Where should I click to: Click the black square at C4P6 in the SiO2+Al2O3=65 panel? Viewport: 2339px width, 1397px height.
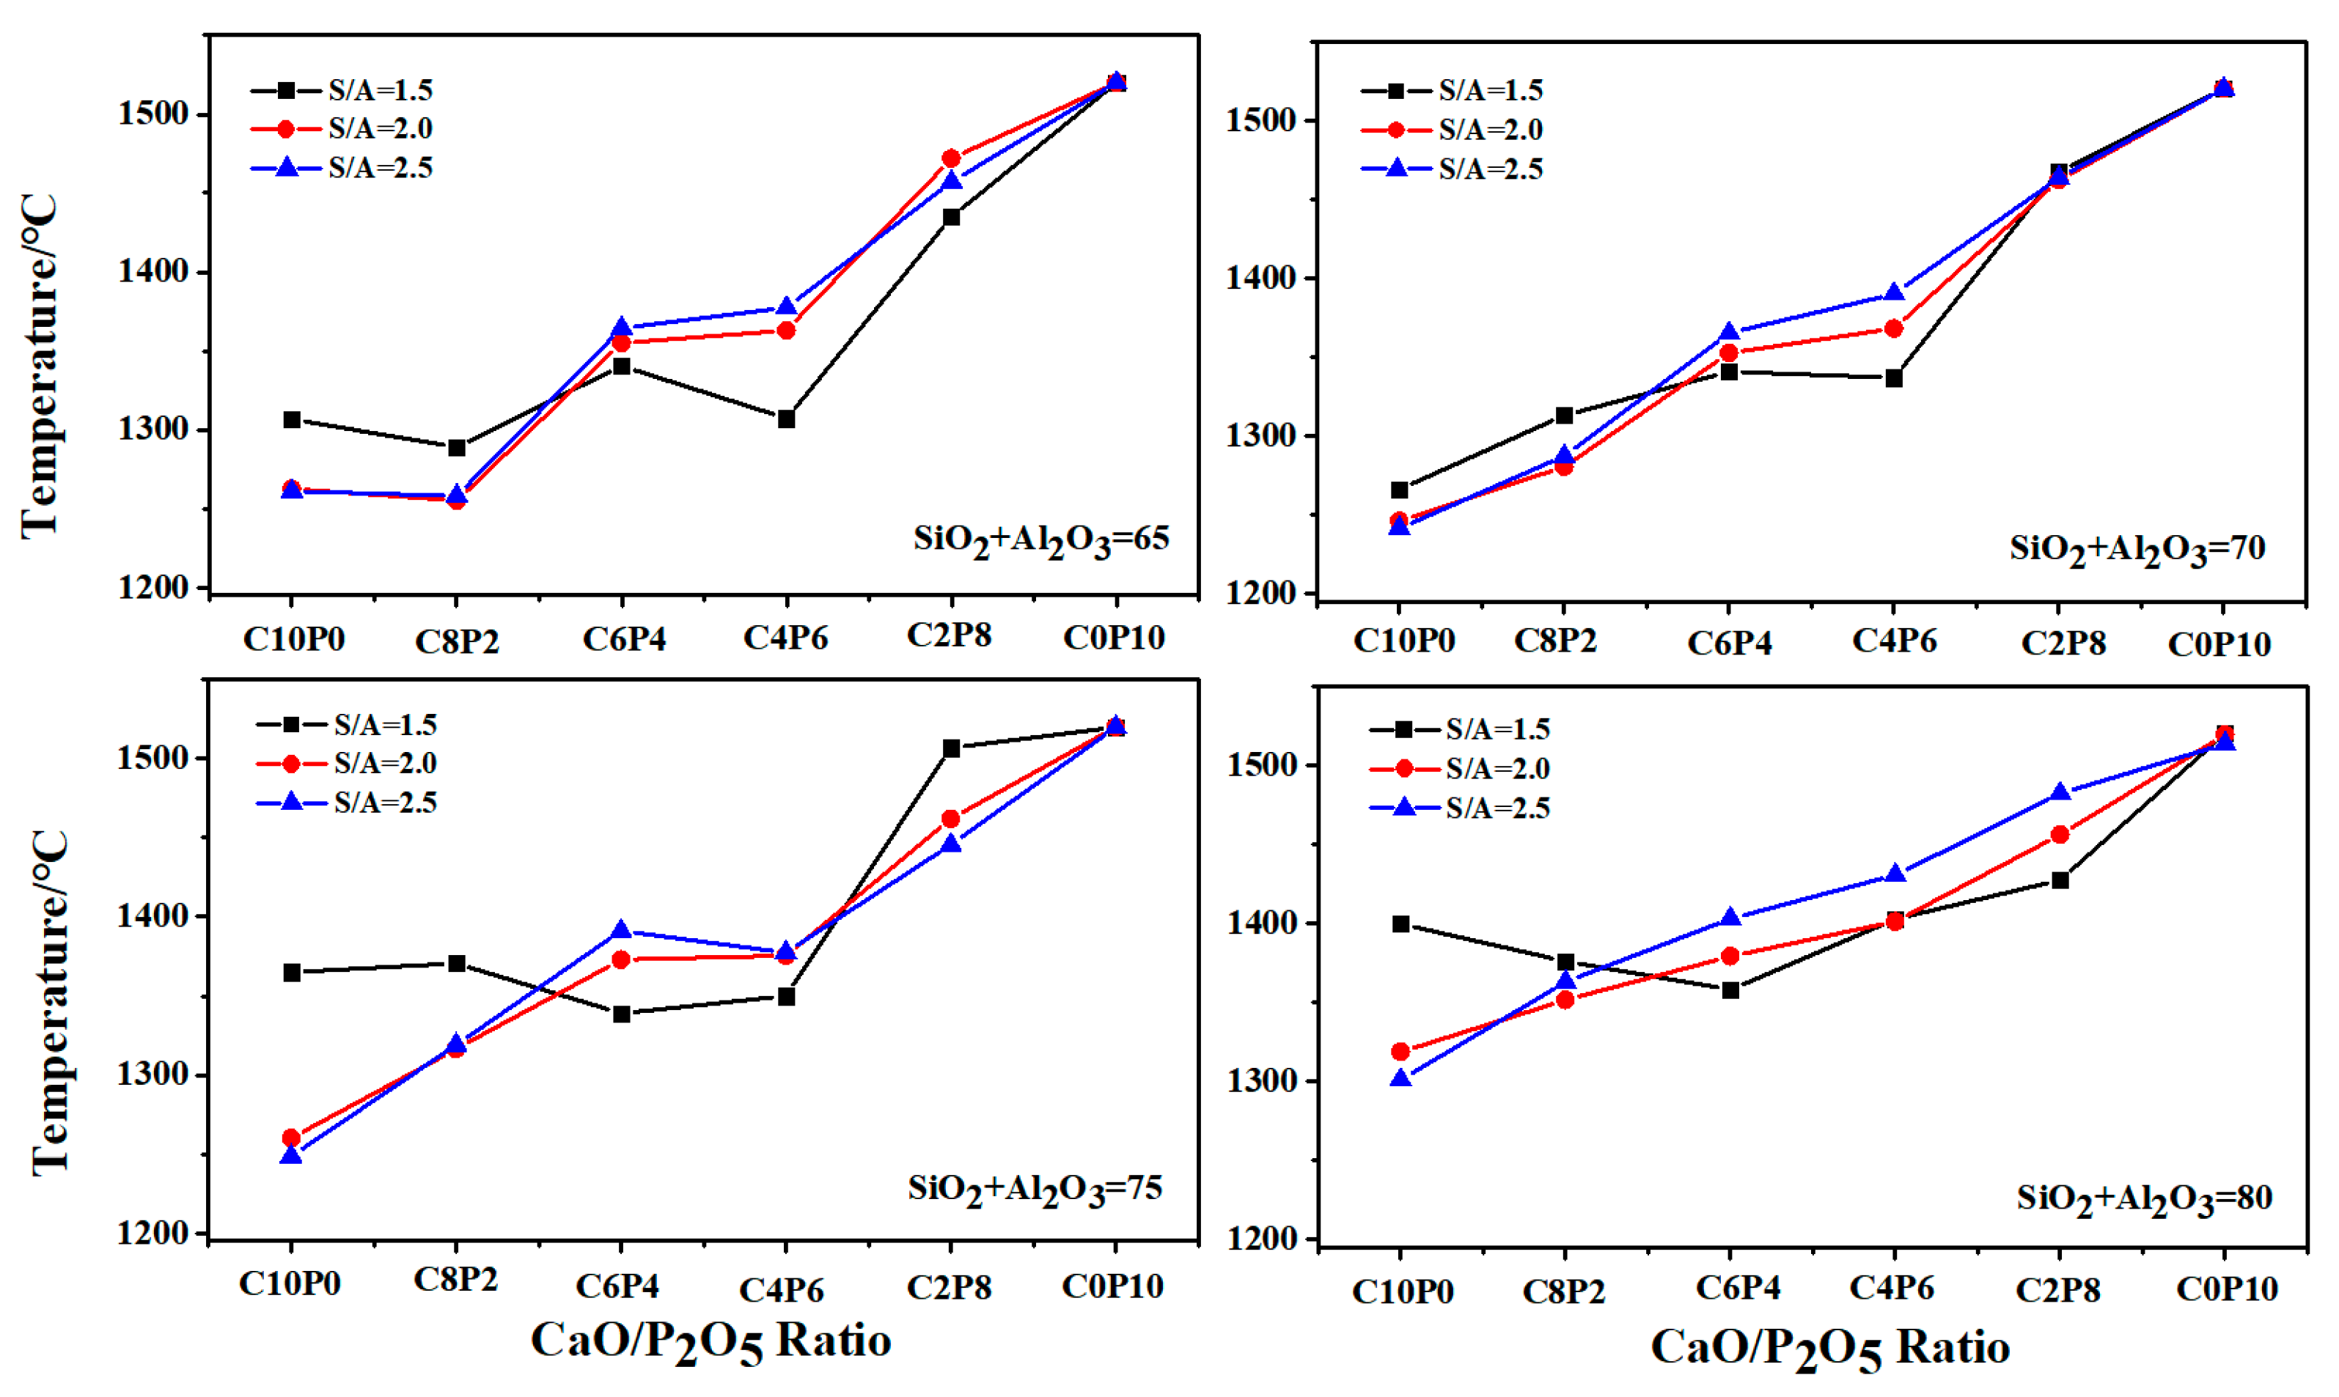pos(786,419)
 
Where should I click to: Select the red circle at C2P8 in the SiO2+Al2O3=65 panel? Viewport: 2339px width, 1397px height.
pos(951,158)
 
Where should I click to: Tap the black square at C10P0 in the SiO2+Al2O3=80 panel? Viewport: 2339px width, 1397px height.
pos(1400,924)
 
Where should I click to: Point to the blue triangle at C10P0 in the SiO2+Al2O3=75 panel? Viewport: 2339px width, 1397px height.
pos(291,1155)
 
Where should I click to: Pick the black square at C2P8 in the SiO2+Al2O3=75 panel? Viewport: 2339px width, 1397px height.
pos(951,748)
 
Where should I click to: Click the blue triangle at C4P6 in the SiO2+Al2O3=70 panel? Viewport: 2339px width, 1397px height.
pos(1894,292)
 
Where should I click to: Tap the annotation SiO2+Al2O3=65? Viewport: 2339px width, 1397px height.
pos(1040,540)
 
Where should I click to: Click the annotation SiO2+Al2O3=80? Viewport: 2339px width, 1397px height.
pos(2143,1199)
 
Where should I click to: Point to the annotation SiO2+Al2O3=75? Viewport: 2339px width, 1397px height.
pos(1034,1190)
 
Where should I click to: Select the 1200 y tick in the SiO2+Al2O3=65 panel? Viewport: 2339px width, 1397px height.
pos(153,587)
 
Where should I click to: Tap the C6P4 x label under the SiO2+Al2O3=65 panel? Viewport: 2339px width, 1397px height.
pos(623,639)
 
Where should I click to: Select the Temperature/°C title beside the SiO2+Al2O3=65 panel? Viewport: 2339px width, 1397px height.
pos(40,367)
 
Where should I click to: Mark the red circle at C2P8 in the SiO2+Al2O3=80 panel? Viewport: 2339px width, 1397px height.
pos(2060,834)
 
